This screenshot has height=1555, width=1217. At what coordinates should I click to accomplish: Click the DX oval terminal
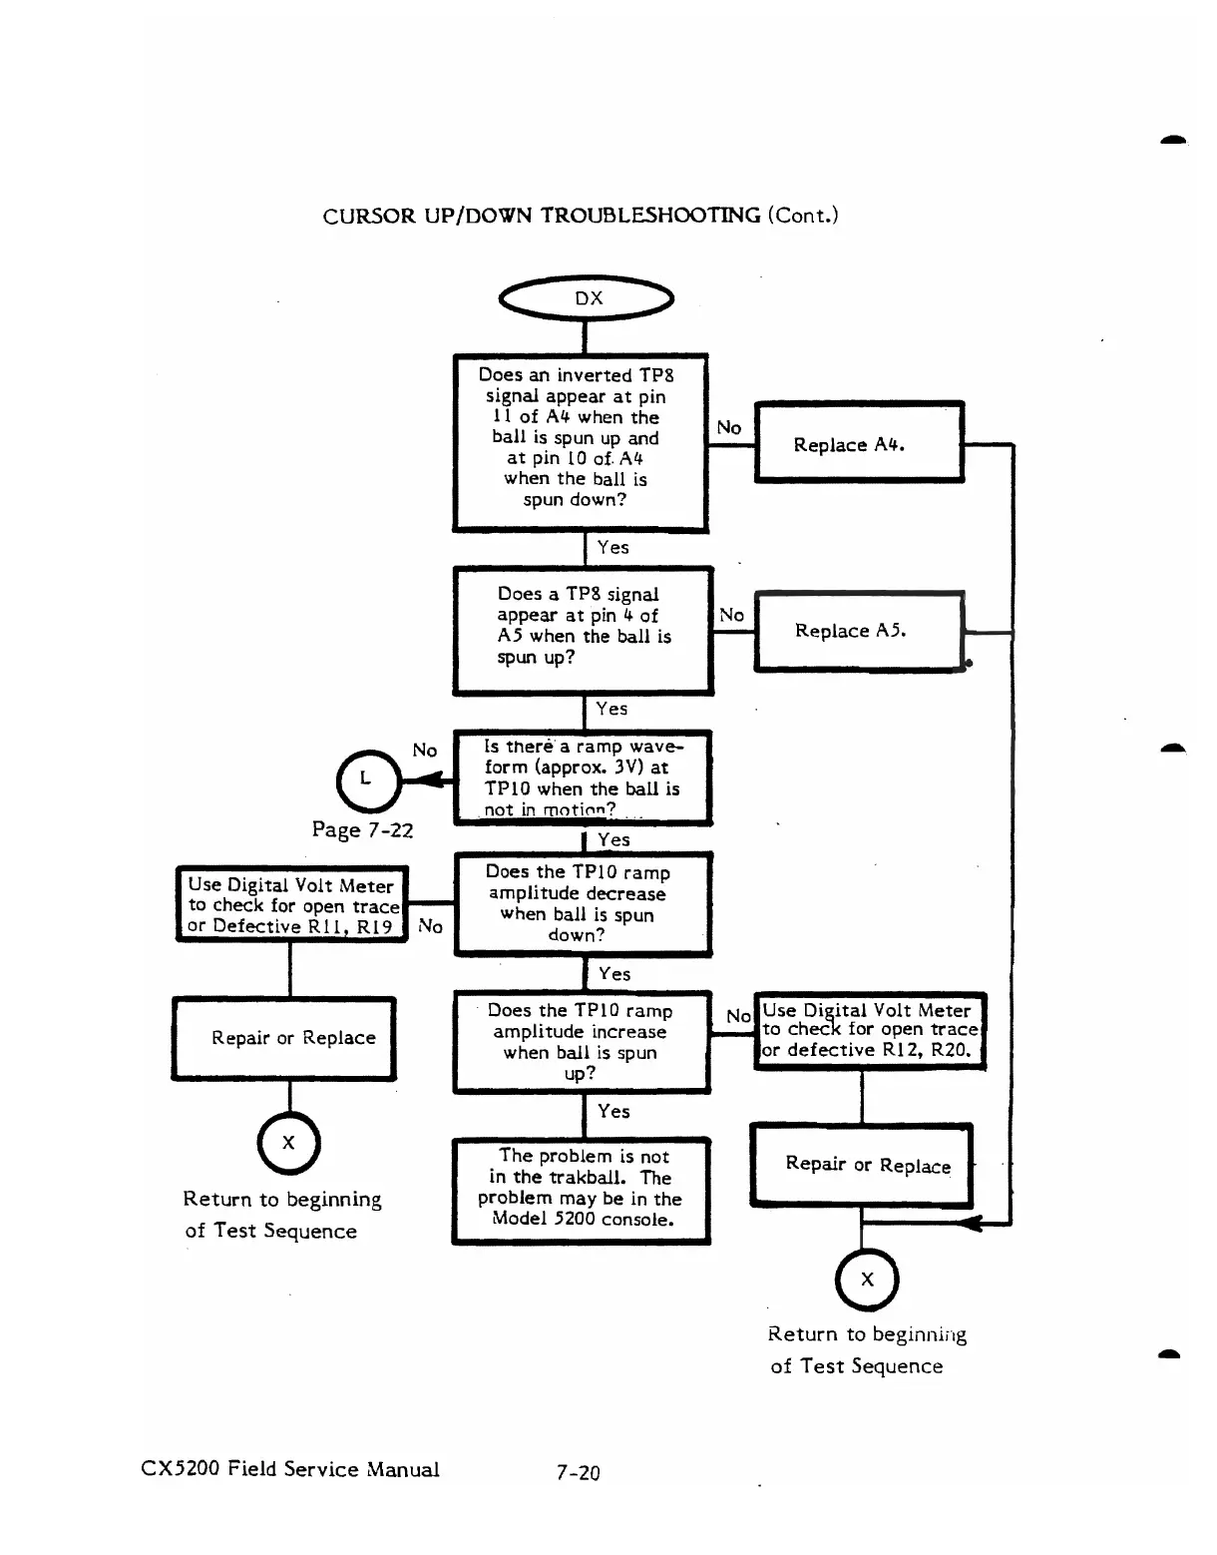click(587, 298)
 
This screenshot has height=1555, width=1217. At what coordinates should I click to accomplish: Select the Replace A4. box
click(859, 443)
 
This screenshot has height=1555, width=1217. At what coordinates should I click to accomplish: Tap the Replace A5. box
click(859, 631)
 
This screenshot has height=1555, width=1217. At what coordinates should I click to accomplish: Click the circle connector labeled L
click(367, 779)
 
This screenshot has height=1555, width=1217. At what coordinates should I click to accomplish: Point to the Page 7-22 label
click(362, 829)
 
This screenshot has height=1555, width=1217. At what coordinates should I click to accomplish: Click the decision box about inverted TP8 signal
click(581, 442)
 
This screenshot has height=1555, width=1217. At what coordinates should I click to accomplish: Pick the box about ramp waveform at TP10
click(583, 777)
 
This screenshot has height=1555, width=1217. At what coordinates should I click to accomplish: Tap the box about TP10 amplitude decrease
click(583, 904)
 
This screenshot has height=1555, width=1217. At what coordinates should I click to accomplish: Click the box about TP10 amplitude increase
click(583, 1041)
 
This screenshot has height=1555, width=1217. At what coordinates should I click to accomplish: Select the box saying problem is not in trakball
click(582, 1191)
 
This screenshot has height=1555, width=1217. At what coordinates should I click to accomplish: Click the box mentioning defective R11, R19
click(292, 904)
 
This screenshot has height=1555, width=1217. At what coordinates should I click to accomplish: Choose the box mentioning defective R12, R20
click(870, 1031)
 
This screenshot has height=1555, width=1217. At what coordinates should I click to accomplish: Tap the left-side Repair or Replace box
click(284, 1038)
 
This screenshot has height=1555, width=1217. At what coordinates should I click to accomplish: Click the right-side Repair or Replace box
click(862, 1165)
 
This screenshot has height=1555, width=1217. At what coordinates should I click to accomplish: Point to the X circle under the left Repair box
click(288, 1143)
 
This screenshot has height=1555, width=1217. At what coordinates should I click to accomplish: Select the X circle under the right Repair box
click(867, 1280)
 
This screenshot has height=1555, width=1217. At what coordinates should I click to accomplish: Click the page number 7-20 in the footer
click(579, 1472)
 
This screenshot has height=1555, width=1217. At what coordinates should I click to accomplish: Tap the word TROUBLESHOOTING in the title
click(650, 216)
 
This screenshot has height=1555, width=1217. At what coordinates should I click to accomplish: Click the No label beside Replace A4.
click(729, 428)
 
